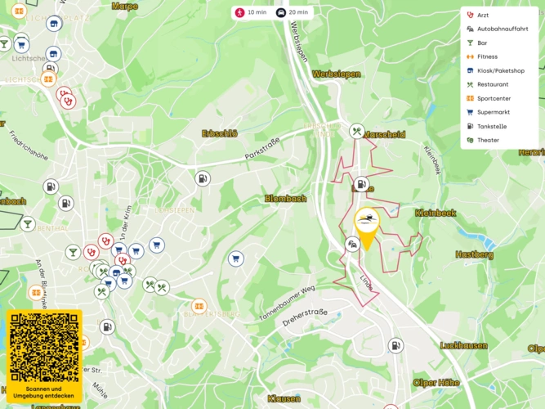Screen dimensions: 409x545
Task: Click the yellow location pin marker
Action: coord(368,222)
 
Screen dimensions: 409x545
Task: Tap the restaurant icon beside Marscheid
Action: coord(356,131)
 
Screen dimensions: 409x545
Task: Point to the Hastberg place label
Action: coord(474,254)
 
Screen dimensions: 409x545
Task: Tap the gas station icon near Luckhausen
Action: coord(395,345)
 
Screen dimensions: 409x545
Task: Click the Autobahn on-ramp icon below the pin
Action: coord(352,244)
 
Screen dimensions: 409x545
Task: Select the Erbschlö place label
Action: coord(220,133)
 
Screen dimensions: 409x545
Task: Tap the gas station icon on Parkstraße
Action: coord(202,178)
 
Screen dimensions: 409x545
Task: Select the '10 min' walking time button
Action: coord(251,13)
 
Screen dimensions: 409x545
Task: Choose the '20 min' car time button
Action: coord(293,13)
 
